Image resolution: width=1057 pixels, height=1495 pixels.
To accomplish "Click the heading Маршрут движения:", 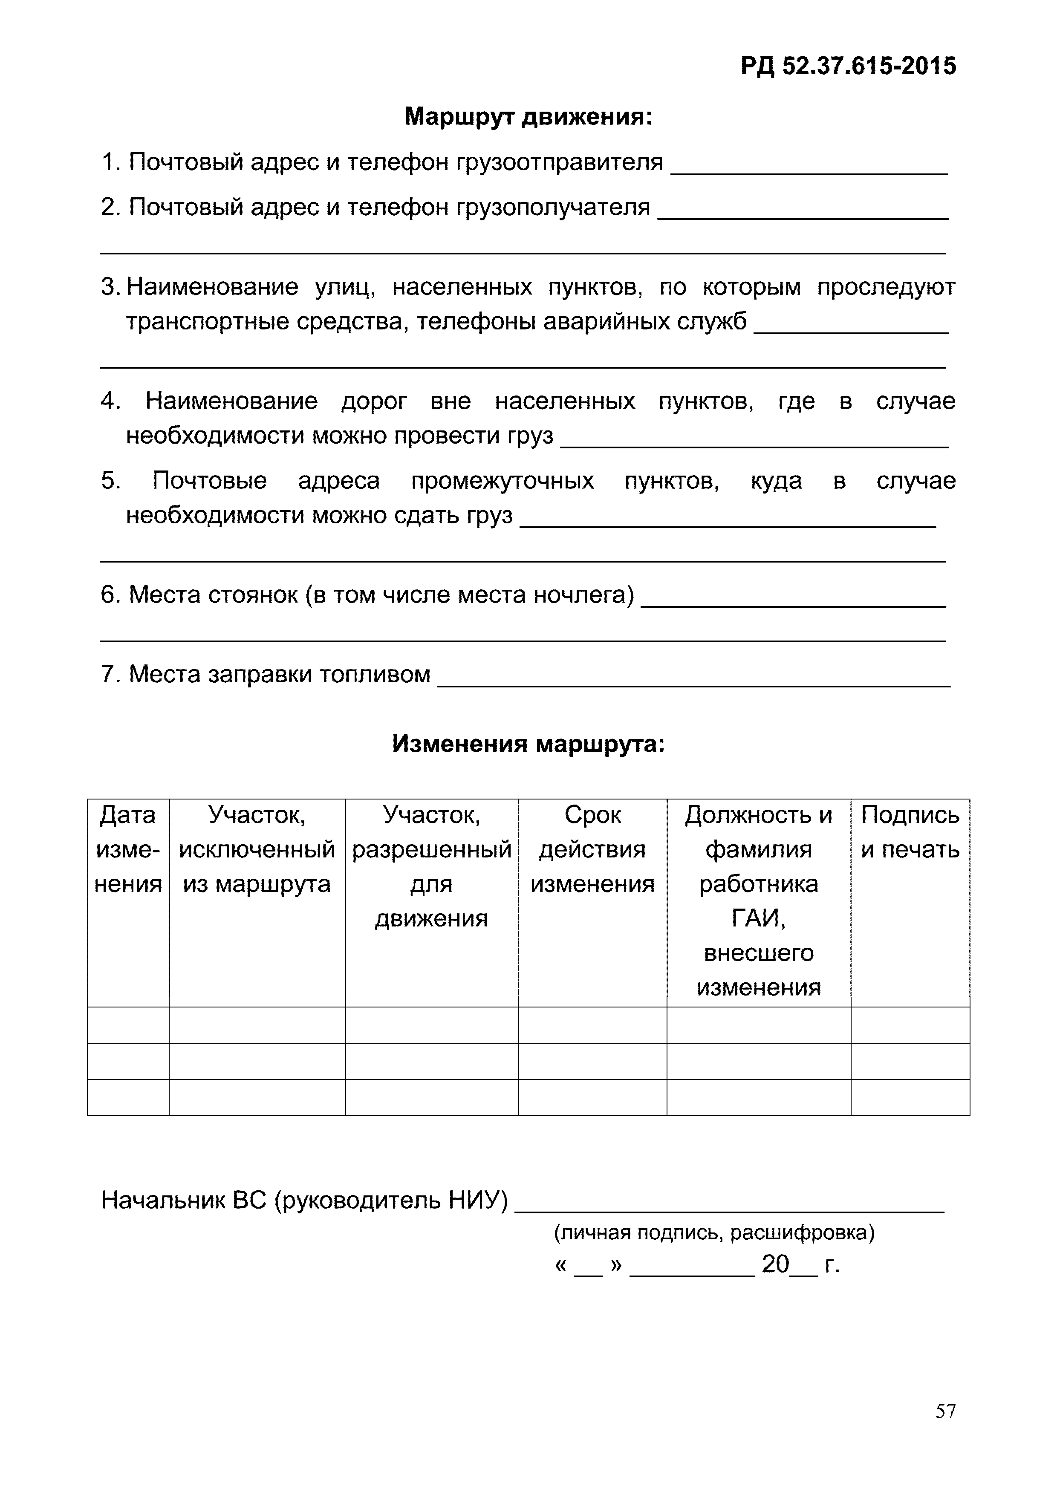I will click(528, 117).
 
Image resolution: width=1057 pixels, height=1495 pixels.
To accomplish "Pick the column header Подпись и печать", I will click(910, 832).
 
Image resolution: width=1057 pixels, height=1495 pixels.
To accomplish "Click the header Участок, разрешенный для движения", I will click(431, 866).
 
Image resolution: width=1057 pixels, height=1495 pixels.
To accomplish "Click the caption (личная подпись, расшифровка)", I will click(714, 1232).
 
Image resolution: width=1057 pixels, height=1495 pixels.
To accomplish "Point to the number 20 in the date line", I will click(775, 1264).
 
